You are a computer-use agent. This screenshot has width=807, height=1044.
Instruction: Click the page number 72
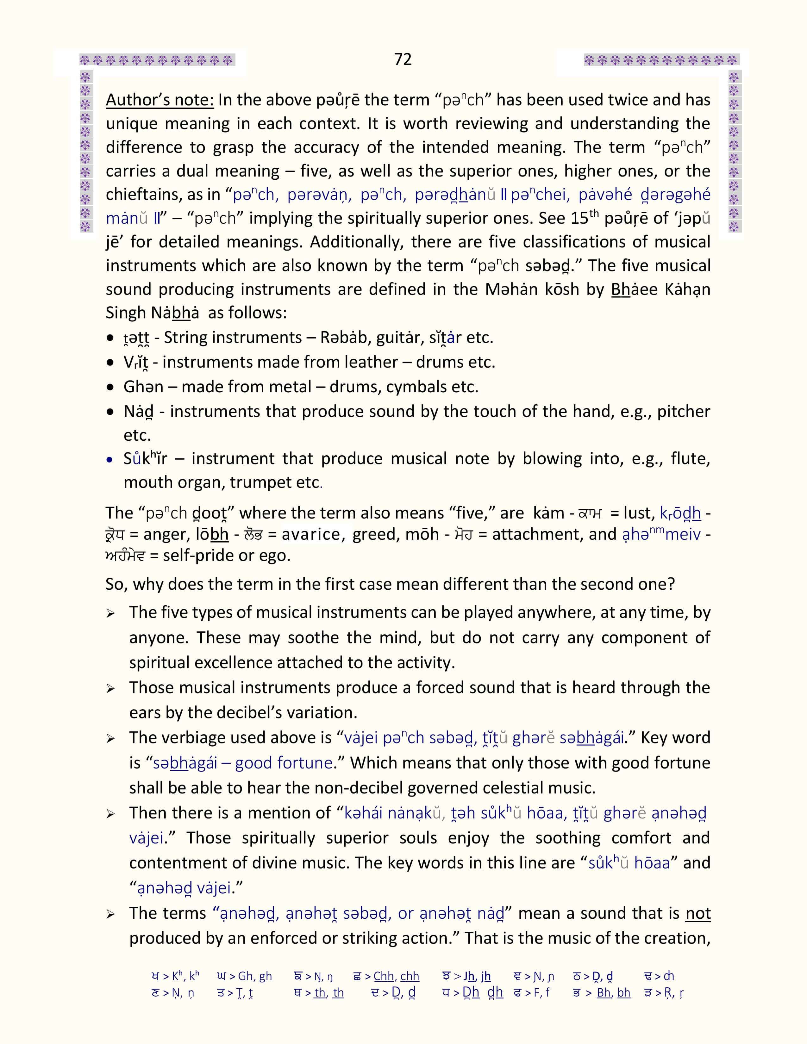coord(403,59)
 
